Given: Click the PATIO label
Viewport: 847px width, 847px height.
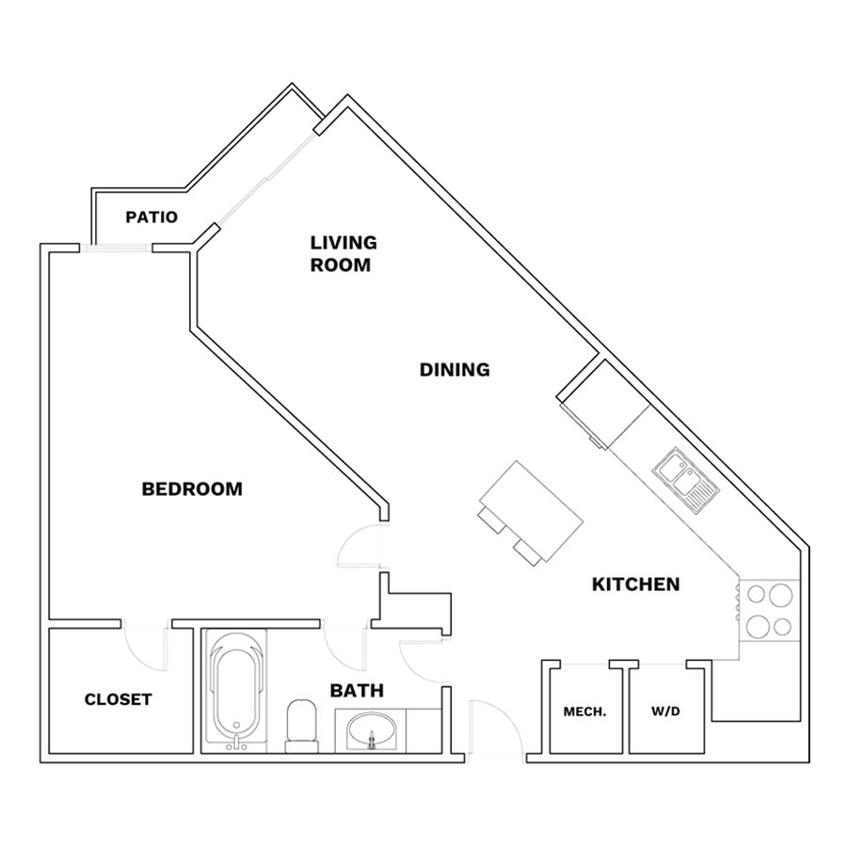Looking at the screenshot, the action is click(x=152, y=217).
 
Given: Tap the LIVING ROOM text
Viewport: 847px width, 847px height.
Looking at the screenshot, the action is click(x=344, y=254).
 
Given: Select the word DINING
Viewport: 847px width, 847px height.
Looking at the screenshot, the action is click(x=455, y=370).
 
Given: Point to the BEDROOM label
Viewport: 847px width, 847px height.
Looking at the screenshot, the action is click(x=192, y=489).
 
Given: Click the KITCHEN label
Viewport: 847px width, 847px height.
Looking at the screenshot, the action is click(x=636, y=584).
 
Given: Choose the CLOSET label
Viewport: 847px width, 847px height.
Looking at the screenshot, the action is click(x=118, y=699).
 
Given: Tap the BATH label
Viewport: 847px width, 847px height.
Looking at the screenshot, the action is click(x=357, y=691).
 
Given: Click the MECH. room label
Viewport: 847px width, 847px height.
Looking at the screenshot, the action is click(x=584, y=712).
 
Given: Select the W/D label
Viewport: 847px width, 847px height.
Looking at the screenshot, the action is click(x=665, y=711).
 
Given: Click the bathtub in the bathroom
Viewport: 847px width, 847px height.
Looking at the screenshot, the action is click(x=235, y=692).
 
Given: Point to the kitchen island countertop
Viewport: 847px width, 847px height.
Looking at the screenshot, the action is click(x=532, y=511).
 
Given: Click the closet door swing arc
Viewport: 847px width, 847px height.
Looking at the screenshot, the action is click(x=145, y=648).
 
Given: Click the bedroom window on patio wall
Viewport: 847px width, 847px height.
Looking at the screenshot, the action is click(x=114, y=248).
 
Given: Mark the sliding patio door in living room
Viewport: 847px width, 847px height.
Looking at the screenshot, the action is click(x=267, y=178).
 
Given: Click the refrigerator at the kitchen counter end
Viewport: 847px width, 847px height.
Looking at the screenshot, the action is click(x=605, y=404).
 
